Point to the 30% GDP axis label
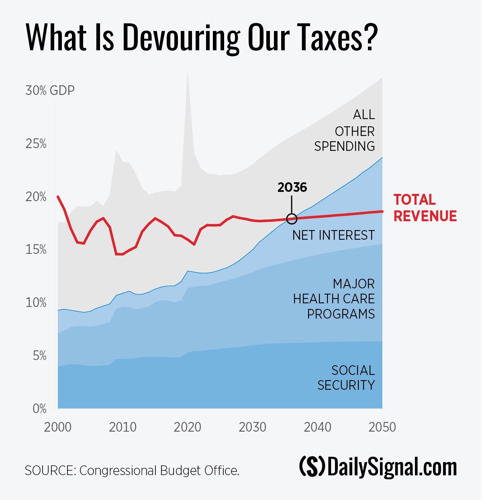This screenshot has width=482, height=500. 50,91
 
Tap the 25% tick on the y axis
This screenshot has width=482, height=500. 36,144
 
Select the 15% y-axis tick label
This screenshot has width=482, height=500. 36,250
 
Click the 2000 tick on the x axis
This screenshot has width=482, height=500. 58,427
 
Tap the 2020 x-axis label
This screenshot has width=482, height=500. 188,427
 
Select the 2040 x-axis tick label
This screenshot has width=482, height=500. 317,427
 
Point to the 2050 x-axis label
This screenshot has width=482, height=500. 382,427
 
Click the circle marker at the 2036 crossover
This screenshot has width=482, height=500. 292,219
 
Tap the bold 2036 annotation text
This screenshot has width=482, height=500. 292,187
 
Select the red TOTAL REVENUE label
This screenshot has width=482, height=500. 425,208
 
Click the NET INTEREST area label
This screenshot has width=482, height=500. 333,235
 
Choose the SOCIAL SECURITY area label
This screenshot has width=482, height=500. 346,378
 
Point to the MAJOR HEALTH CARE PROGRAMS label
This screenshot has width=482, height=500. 334,299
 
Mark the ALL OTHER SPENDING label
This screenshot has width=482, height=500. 345,131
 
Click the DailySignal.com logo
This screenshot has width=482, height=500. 378,467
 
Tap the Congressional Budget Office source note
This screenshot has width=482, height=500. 132,471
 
